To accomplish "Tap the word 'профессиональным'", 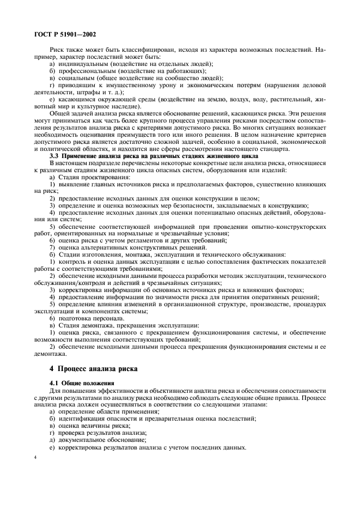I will point(86,71).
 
